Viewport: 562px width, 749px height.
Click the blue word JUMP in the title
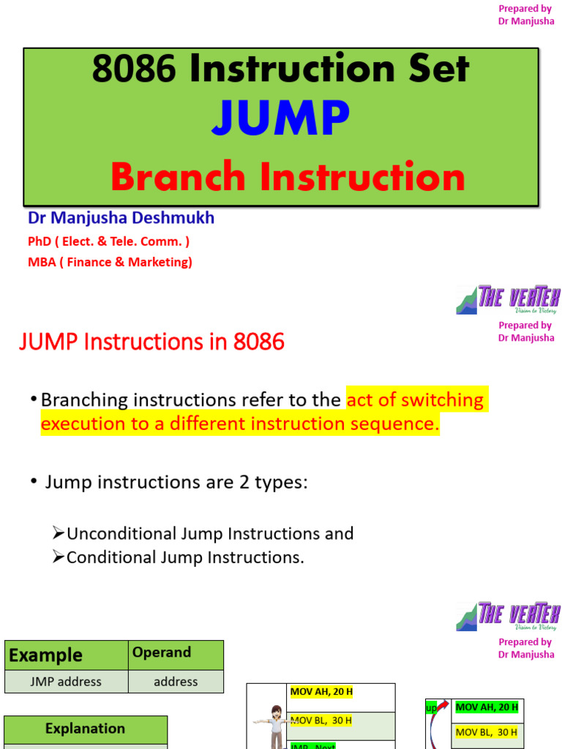(281, 118)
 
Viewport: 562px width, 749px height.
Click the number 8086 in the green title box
(134, 69)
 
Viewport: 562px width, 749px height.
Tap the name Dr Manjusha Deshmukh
(121, 218)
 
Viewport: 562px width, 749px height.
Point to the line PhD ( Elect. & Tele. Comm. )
(109, 241)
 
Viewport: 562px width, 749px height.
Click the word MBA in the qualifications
(42, 262)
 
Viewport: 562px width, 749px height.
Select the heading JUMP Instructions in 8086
(151, 341)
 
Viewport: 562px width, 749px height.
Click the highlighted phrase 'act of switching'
(414, 400)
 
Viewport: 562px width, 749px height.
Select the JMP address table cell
(66, 682)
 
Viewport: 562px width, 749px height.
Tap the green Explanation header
(85, 729)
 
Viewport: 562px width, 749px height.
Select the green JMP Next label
(313, 745)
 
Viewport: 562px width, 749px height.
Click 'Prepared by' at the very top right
(525, 9)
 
